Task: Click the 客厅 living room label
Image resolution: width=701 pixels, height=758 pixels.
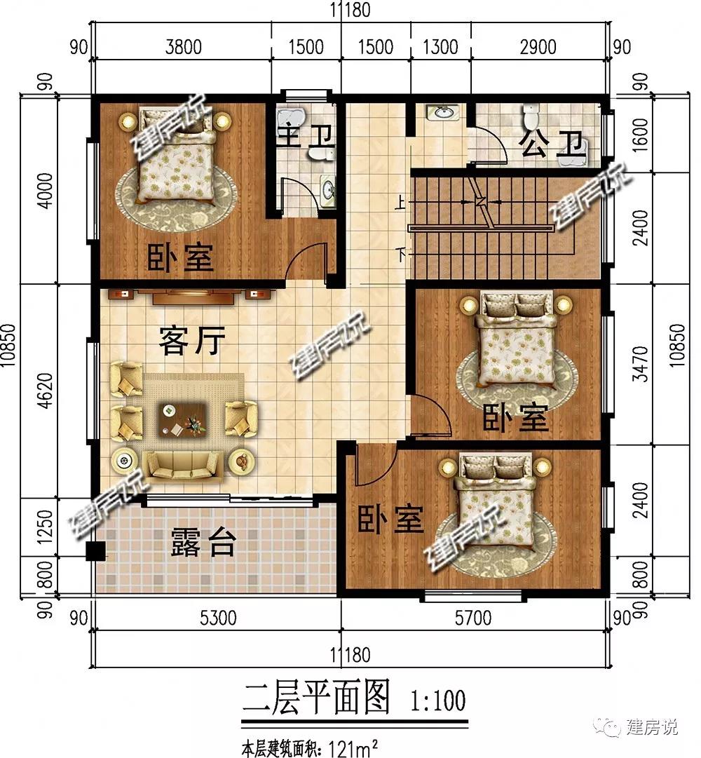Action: pos(192,340)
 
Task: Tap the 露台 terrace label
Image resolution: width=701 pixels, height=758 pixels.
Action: pos(203,543)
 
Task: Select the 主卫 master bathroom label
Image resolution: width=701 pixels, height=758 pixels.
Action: pos(306,135)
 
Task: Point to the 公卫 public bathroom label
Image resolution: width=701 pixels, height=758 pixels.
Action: pos(551,144)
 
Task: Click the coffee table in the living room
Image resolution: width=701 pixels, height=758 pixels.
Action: pos(183,419)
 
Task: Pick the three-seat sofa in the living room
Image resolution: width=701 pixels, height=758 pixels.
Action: pos(184,466)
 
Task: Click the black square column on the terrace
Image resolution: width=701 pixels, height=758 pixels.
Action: pos(95,551)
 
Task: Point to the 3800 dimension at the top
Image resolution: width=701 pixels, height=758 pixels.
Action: pos(183,47)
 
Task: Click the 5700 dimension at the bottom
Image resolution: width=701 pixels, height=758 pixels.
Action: pos(473,617)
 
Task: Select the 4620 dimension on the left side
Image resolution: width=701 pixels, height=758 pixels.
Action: pos(45,390)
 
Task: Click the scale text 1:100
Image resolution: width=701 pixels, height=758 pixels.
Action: pos(438,700)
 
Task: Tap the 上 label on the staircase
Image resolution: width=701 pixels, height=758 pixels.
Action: pos(400,202)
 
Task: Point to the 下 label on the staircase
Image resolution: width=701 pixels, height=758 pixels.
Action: pos(400,255)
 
